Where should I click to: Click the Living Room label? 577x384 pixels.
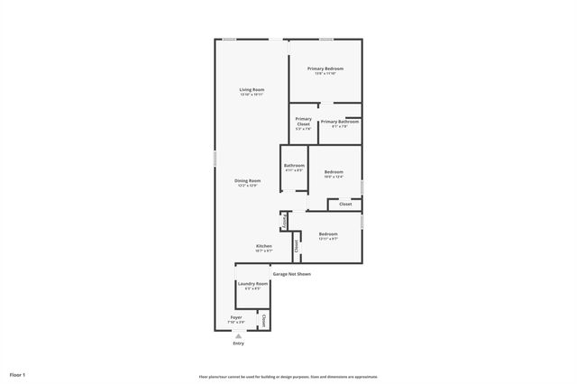[x=252, y=89]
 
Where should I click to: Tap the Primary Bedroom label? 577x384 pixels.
[x=325, y=69]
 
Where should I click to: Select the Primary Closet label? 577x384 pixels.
[x=303, y=121]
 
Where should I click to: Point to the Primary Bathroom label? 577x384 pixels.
[x=340, y=121]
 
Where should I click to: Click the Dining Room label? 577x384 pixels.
[x=248, y=180]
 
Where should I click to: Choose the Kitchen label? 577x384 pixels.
[x=264, y=246]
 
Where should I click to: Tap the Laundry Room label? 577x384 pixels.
[x=252, y=284]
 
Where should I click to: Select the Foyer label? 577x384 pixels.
[x=236, y=317]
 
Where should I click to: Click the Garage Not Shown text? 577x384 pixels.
[x=292, y=273]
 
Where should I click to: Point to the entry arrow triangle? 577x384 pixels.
[x=238, y=335]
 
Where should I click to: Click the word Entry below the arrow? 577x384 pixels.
[x=238, y=343]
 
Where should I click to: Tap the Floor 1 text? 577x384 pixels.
[x=18, y=373]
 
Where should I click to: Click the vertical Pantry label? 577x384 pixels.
[x=285, y=221]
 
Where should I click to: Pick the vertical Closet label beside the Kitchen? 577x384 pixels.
[x=296, y=244]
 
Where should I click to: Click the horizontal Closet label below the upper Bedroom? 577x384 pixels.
[x=344, y=205]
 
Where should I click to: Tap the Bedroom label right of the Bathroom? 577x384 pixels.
[x=334, y=171]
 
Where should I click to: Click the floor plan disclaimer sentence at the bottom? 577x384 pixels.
[x=288, y=376]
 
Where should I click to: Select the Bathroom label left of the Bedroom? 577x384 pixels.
[x=294, y=165]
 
